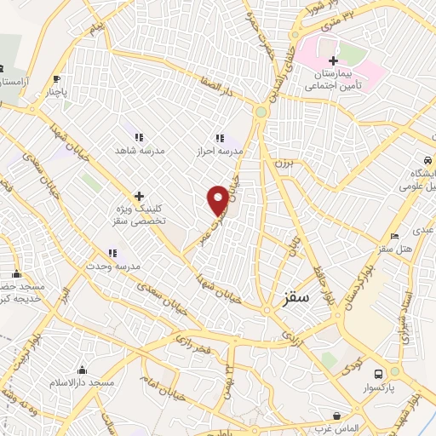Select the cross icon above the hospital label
coord(334,60)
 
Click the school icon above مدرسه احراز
coord(221,137)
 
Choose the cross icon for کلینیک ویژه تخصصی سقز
coord(139,196)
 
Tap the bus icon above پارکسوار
coord(379,372)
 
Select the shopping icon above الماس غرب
coord(339,416)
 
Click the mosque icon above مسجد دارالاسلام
coord(83,370)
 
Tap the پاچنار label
coord(54,89)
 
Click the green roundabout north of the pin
coord(261,112)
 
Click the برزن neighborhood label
coord(284,162)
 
